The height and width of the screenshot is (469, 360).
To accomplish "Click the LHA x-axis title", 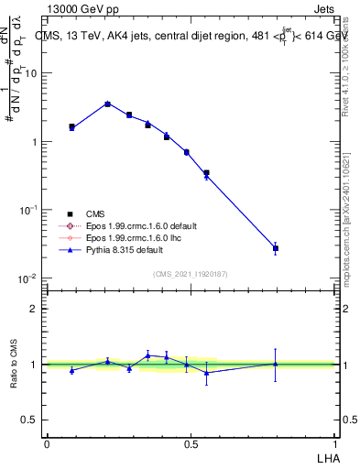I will point(326,456).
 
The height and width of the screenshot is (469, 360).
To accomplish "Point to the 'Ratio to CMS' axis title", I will point(15,365).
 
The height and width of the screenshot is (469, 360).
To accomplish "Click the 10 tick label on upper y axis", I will point(31,73).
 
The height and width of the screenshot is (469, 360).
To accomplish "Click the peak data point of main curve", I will point(107,104).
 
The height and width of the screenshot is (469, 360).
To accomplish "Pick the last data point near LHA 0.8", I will point(275,248).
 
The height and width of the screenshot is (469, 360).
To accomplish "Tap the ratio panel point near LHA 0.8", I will point(275,364).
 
